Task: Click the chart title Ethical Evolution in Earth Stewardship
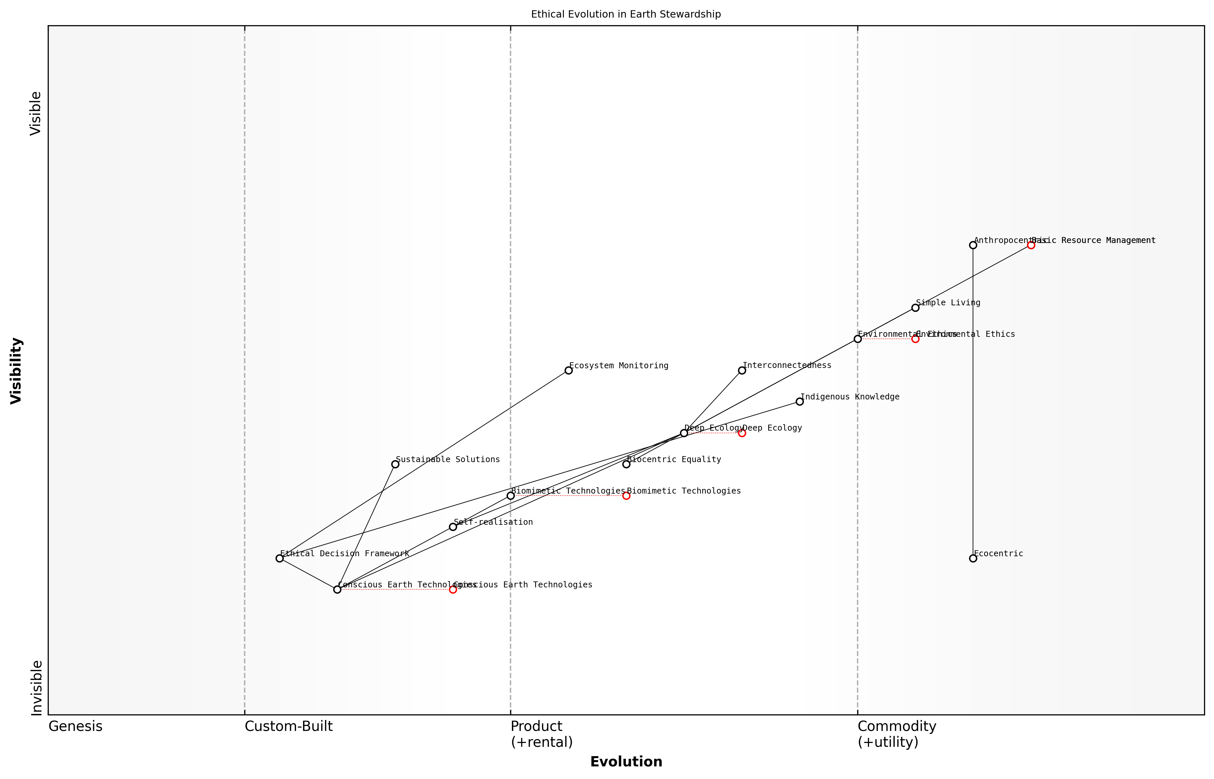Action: click(626, 15)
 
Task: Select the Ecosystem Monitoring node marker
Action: click(569, 370)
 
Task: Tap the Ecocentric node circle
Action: click(973, 559)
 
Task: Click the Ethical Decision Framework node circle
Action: click(279, 559)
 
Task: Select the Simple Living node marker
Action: click(915, 308)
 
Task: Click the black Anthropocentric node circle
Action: click(973, 245)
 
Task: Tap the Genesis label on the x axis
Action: click(75, 727)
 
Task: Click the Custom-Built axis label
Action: click(288, 727)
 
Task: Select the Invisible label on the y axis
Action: click(36, 688)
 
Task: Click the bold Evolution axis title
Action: click(626, 762)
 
